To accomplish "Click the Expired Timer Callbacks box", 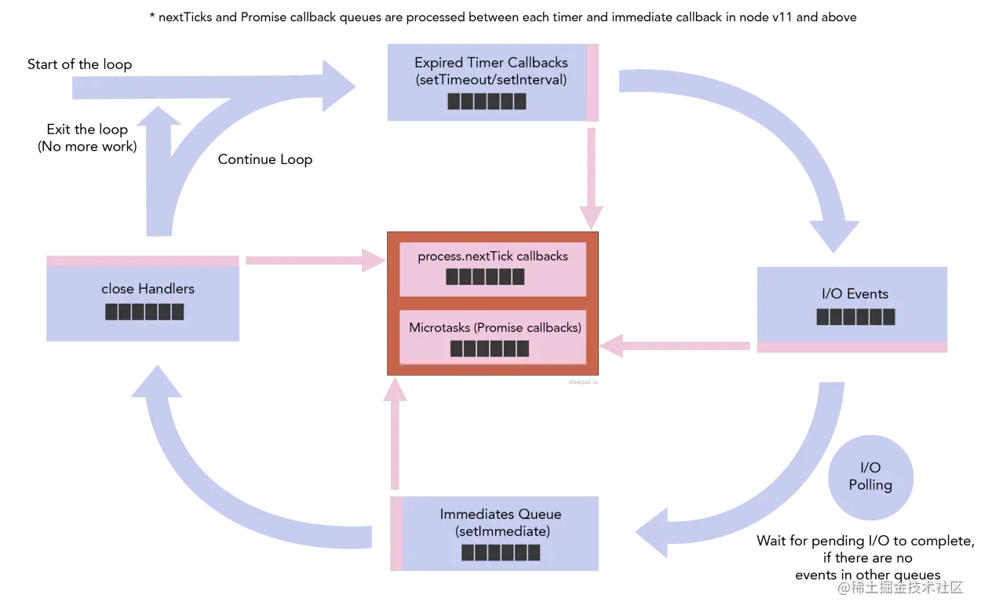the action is tap(493, 82).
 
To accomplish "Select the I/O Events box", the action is tap(852, 309).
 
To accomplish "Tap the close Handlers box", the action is tap(143, 298).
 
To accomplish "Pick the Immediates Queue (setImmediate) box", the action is tap(494, 533).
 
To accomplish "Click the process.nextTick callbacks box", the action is tap(493, 269).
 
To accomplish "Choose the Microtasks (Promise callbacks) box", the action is tap(493, 337).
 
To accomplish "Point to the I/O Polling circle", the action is tap(870, 477).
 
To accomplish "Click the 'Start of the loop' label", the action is tap(80, 64).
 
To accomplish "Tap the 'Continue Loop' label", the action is tap(265, 159).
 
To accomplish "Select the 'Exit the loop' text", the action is tap(87, 130).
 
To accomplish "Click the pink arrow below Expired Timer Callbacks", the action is tap(591, 179).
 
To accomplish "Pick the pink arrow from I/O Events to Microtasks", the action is tap(674, 346).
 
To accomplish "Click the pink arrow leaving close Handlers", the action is tap(315, 261).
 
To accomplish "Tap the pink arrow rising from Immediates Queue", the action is tap(395, 433).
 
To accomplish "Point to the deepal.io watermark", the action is tap(583, 381).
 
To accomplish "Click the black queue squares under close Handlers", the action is tap(144, 312).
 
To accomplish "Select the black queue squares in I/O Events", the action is tap(855, 316).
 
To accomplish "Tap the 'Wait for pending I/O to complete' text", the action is tap(866, 542).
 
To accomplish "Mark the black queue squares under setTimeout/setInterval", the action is tap(487, 101).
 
